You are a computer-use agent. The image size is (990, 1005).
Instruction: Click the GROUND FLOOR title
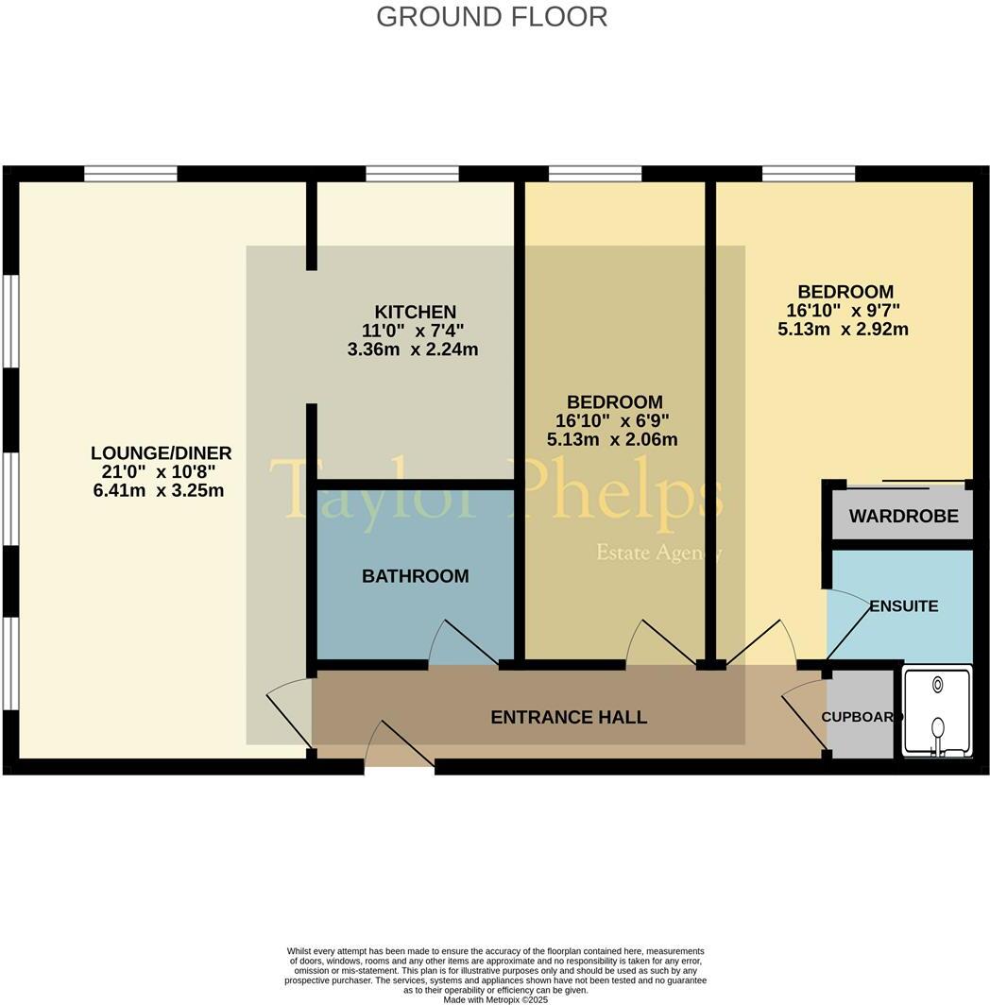tap(491, 17)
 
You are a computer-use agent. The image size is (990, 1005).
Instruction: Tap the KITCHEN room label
tap(415, 312)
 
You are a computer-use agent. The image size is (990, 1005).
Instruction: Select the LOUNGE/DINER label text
tap(161, 453)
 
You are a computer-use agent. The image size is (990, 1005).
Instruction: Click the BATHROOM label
tap(415, 576)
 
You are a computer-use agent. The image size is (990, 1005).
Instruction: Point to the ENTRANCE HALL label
tap(569, 718)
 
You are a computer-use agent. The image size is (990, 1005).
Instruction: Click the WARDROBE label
tap(903, 517)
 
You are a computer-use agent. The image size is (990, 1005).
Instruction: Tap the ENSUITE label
tap(904, 606)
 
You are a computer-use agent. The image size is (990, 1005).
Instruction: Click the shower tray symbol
tap(937, 713)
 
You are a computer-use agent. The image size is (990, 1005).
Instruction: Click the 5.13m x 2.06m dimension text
tap(611, 439)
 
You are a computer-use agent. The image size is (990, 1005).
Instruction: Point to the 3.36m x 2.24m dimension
tap(413, 349)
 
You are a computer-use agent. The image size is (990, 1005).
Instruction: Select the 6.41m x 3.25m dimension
tap(159, 490)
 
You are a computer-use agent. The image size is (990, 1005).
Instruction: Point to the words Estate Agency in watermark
tap(658, 553)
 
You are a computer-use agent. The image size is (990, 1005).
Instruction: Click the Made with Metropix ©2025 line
tap(496, 999)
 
